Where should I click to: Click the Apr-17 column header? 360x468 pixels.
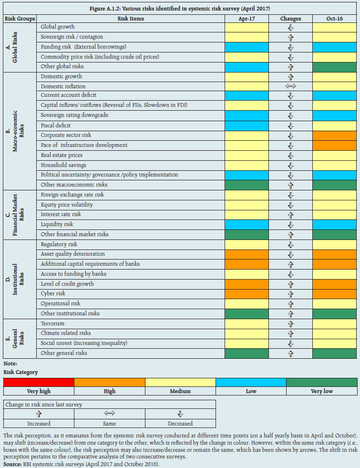click(x=247, y=19)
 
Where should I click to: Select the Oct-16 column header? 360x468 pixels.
click(x=335, y=19)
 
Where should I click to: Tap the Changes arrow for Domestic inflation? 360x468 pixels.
click(x=290, y=86)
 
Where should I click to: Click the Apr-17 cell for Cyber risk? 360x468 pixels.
click(x=247, y=294)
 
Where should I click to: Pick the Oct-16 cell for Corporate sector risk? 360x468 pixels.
click(x=335, y=135)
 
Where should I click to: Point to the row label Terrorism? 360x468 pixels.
click(x=52, y=323)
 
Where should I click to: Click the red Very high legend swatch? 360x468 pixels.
click(x=39, y=382)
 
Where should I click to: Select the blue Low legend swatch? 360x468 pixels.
click(x=251, y=382)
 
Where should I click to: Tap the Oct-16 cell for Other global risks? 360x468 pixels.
click(x=335, y=67)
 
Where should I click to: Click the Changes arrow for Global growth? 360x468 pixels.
click(x=290, y=27)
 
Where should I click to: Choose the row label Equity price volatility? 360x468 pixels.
click(x=67, y=205)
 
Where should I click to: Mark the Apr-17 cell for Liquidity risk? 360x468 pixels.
click(x=247, y=224)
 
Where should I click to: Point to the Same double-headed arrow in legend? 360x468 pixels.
click(x=110, y=414)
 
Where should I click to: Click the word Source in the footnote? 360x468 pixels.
click(x=12, y=463)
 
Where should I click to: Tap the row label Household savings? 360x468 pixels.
click(x=63, y=165)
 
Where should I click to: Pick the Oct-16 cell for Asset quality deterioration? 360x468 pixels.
click(x=335, y=254)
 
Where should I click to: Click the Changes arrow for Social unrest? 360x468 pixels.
click(x=290, y=343)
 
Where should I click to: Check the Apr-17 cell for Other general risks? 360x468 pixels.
click(x=247, y=354)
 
